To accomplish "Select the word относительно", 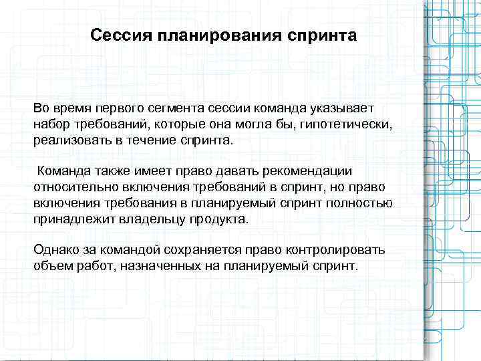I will pos(72,188).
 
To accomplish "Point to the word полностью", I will pos(362,204).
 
